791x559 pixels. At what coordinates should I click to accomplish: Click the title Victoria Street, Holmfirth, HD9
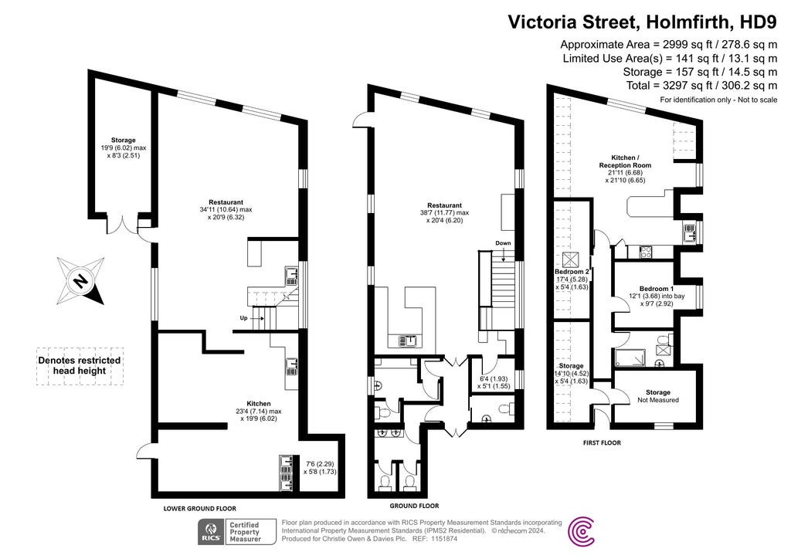tap(641, 22)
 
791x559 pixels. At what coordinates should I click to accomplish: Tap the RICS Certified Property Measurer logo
tap(229, 531)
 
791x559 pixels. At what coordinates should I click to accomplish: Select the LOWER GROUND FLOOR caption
tap(199, 509)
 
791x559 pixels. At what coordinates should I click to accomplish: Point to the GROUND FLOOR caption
tap(414, 506)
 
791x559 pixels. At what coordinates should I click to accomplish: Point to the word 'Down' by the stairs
tap(504, 243)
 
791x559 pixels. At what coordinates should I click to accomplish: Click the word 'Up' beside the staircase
tap(244, 317)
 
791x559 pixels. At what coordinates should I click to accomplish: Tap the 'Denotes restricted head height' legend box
tap(80, 365)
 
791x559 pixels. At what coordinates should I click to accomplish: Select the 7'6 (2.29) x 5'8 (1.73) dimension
tap(320, 466)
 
